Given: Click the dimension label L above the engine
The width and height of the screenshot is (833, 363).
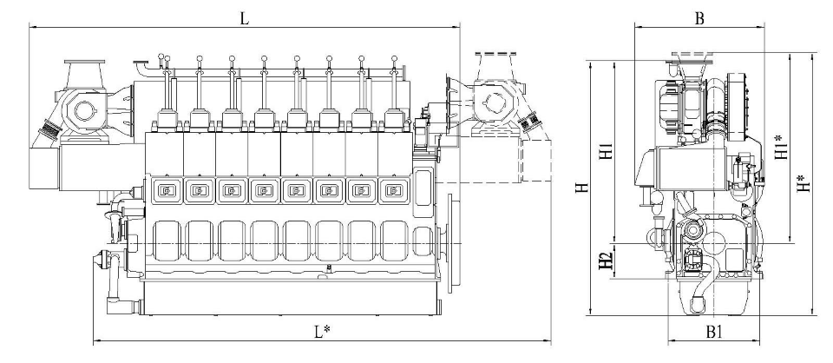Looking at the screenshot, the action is pyautogui.click(x=244, y=18).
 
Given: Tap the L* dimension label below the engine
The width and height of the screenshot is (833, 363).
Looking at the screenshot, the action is pyautogui.click(x=322, y=333).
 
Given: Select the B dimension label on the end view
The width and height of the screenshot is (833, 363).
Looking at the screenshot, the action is pyautogui.click(x=699, y=18).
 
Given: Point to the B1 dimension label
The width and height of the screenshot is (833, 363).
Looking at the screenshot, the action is pyautogui.click(x=714, y=333).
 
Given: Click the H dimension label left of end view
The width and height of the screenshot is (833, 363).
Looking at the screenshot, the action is pyautogui.click(x=583, y=188).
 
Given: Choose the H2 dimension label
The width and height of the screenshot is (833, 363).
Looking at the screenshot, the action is pyautogui.click(x=607, y=261).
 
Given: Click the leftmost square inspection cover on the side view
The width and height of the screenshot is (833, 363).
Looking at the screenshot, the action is pyautogui.click(x=167, y=190).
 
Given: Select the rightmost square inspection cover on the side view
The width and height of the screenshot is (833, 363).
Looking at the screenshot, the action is pyautogui.click(x=393, y=190).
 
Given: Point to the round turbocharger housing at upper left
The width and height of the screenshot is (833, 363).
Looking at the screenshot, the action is pyautogui.click(x=84, y=110).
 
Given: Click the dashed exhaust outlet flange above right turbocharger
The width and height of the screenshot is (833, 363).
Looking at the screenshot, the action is pyautogui.click(x=495, y=53).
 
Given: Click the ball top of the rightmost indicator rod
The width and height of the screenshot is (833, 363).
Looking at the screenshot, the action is pyautogui.click(x=394, y=58).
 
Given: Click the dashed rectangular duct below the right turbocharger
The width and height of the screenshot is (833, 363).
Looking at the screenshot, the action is pyautogui.click(x=535, y=161).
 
